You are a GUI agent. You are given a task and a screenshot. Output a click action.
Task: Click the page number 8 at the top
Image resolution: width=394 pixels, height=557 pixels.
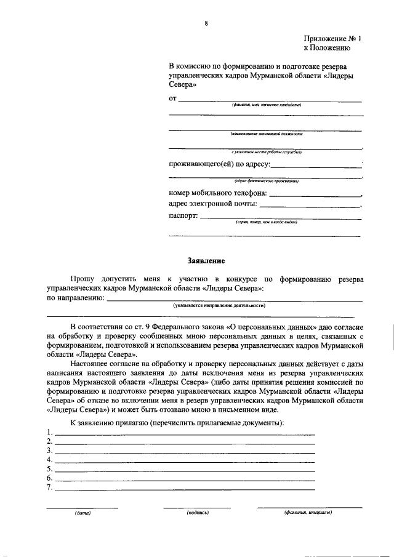point(206,24)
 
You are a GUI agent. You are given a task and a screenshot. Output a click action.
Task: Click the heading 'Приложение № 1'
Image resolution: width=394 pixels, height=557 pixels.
point(333,38)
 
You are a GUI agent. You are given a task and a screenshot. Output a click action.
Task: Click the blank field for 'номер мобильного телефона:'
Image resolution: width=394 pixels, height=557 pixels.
point(315,195)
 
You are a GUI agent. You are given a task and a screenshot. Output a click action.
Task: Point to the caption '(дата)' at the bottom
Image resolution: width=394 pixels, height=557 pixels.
point(82,512)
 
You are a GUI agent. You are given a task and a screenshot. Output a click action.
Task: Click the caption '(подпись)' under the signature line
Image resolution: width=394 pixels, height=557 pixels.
point(198,512)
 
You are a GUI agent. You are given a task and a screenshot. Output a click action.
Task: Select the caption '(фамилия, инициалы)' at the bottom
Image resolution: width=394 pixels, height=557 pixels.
point(308,512)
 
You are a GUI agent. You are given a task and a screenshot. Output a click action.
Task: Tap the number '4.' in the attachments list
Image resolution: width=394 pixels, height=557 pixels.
point(50,460)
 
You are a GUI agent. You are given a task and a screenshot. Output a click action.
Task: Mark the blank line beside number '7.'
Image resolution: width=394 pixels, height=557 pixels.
point(185,489)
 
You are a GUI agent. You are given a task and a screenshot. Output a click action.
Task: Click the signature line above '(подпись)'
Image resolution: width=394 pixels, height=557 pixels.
point(197,507)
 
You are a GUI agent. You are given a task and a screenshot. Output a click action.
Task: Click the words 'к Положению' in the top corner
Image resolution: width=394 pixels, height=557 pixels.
point(327,47)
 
